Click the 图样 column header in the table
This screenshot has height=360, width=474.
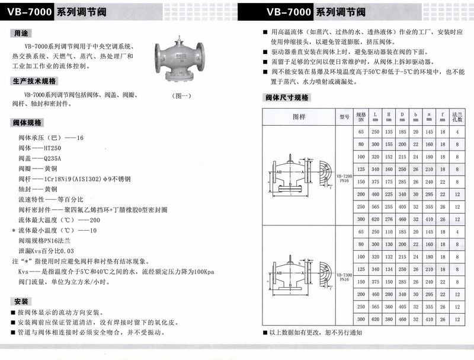(x=299, y=117)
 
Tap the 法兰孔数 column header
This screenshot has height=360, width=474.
(x=457, y=116)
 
